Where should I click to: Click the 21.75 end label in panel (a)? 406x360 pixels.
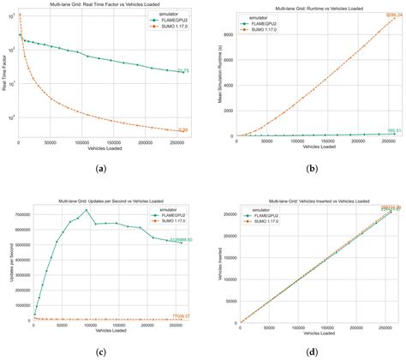pos(182,70)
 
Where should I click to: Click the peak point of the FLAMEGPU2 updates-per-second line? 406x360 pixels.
pos(86,210)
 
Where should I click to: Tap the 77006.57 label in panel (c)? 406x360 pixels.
pos(182,316)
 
